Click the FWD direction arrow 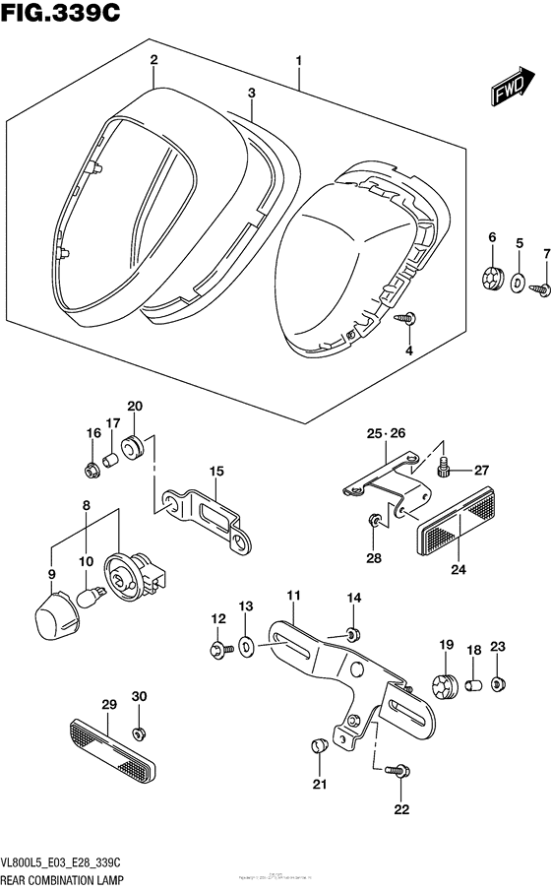507,92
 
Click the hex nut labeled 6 489,282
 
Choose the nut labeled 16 92,470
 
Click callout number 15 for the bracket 215,473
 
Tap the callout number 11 292,596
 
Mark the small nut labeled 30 139,732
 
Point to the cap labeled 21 318,744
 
